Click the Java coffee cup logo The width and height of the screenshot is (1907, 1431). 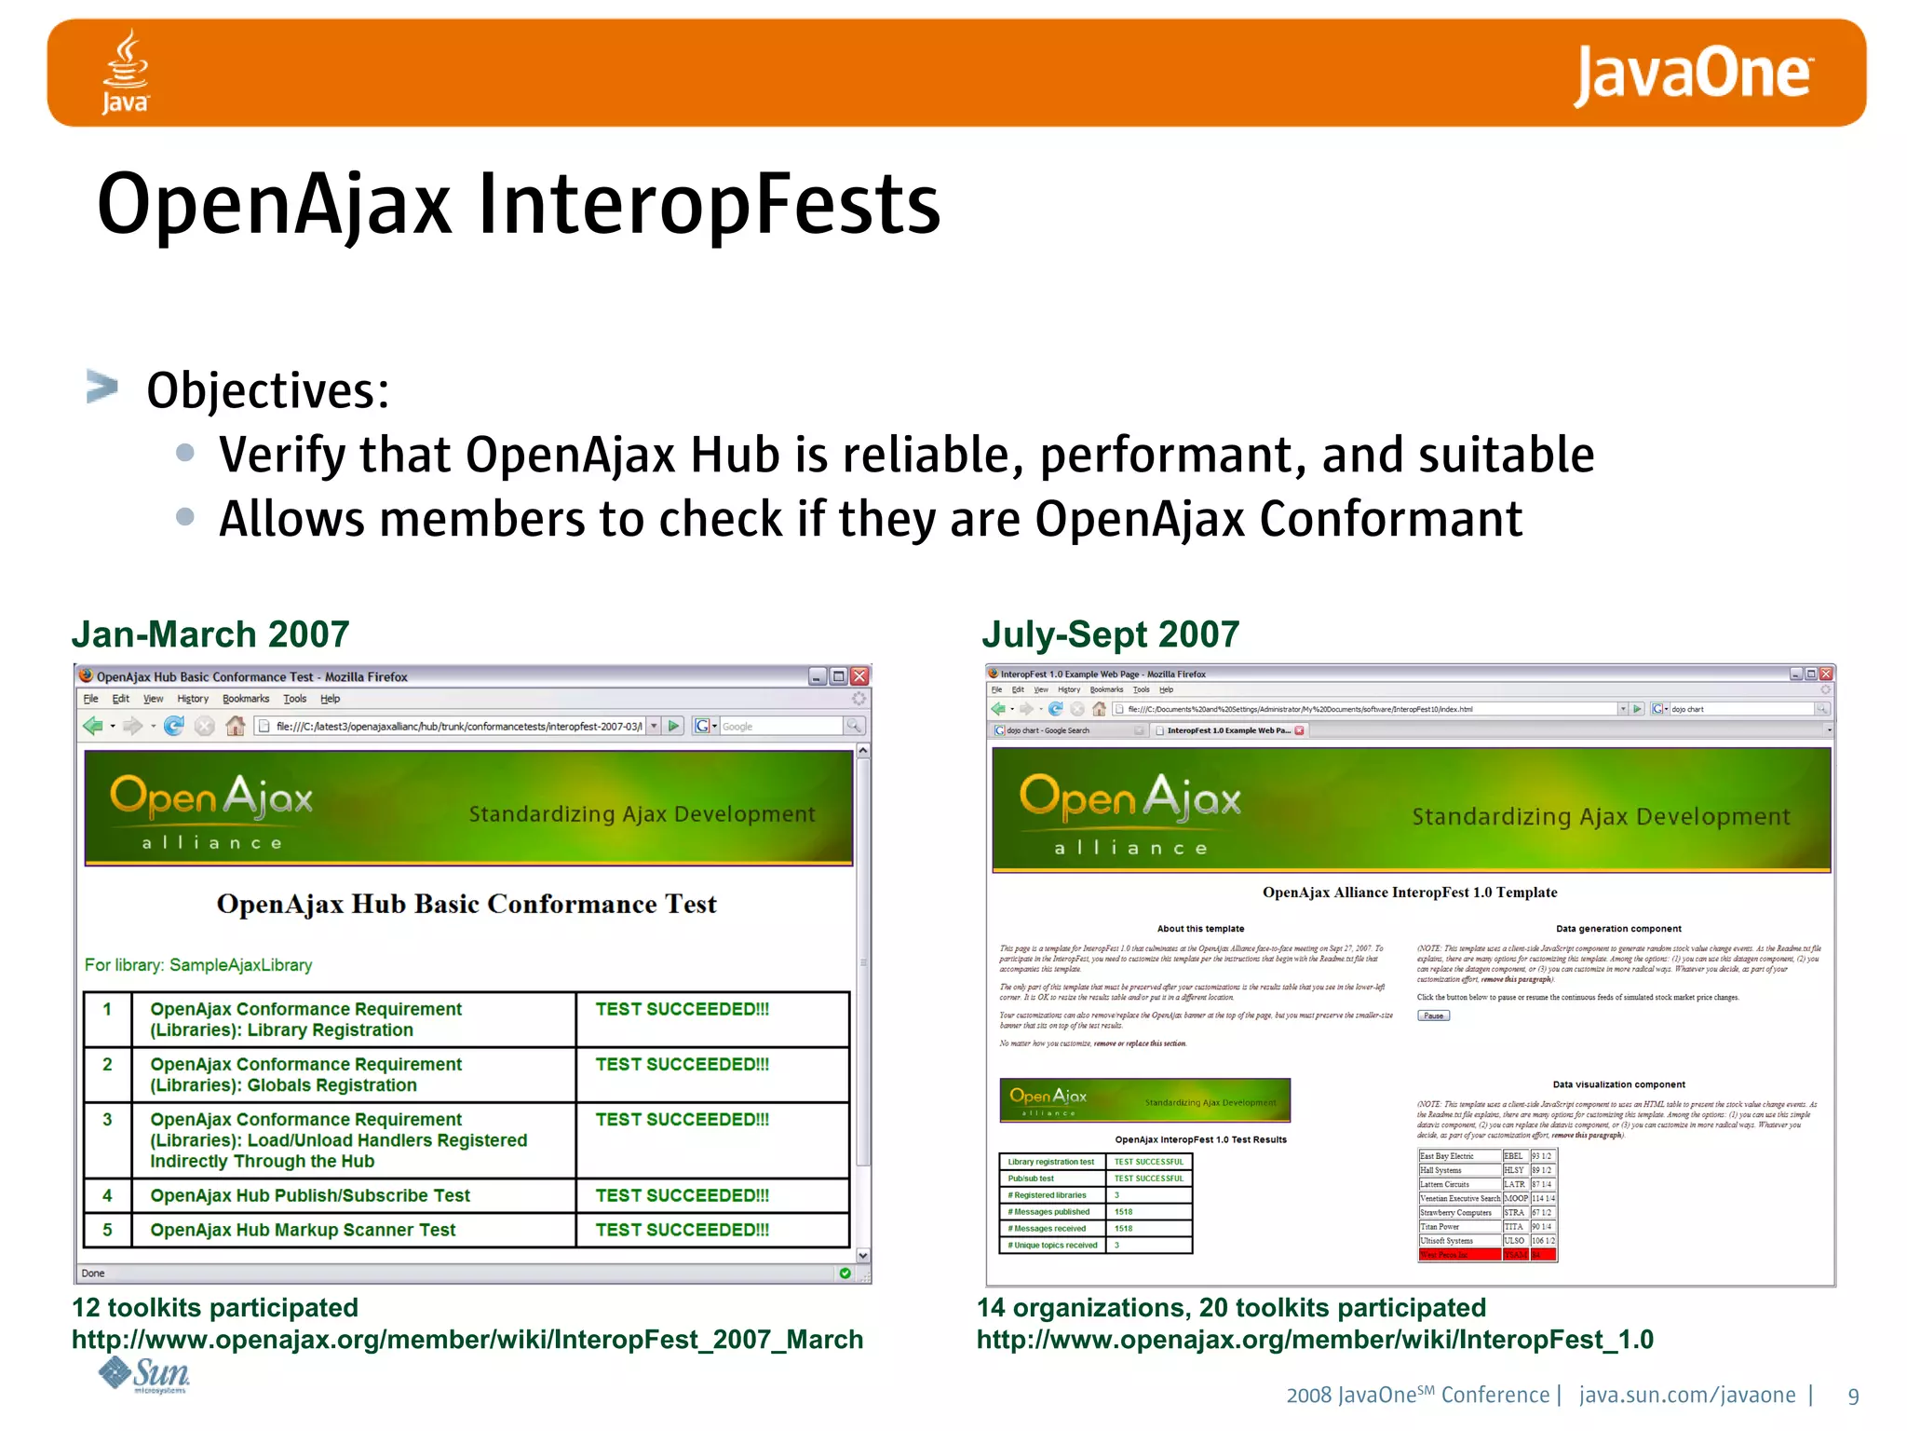point(126,71)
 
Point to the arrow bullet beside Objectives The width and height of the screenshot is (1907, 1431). point(101,387)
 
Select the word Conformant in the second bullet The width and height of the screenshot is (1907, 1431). point(1390,520)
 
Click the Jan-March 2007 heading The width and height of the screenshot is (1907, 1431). point(210,634)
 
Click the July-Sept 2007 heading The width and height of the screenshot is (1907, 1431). point(1110,634)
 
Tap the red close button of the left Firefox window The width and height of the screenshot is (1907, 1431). point(859,676)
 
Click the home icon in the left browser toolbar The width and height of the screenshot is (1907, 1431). point(236,726)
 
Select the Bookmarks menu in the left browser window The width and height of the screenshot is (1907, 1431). point(246,699)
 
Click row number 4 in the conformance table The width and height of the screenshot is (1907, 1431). point(107,1195)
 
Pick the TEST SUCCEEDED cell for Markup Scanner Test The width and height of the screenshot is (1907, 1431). point(683,1230)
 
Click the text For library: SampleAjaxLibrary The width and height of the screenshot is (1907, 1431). point(198,965)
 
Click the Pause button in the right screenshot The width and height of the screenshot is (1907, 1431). point(1433,1015)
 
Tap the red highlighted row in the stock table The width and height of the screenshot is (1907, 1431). point(1486,1255)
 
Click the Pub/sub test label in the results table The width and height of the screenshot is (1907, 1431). point(1031,1179)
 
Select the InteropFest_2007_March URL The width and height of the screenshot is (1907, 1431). point(467,1340)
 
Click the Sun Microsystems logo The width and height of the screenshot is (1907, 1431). point(145,1375)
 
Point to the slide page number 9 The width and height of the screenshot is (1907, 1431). point(1853,1396)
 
